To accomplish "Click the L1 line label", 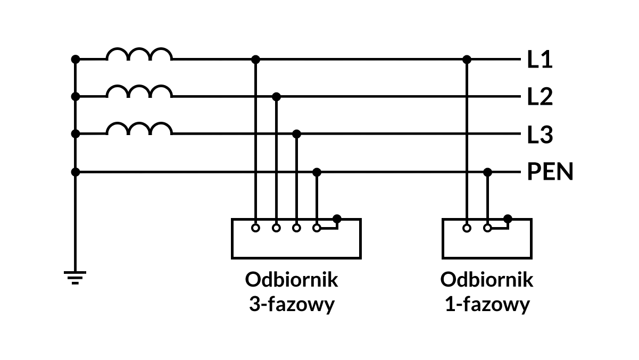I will [x=540, y=60].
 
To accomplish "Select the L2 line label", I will [x=540, y=97].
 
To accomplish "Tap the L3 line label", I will [x=540, y=135].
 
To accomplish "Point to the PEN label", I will [x=550, y=172].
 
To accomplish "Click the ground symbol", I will [x=75, y=277].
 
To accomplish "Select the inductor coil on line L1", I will [x=139, y=54].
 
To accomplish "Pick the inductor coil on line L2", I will [x=139, y=91].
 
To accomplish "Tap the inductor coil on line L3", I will [x=139, y=129].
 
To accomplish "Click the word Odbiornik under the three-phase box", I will [x=292, y=280].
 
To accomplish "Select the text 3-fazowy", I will [x=292, y=305].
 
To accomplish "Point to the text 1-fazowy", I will [x=487, y=305].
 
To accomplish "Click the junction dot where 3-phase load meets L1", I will [x=255, y=59].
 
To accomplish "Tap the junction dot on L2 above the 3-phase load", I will [x=276, y=97].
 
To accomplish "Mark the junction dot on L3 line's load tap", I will [x=297, y=134].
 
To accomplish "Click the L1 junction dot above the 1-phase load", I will [x=467, y=59].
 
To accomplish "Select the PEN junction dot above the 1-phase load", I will [x=487, y=172].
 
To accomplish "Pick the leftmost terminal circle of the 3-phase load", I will [x=255, y=228].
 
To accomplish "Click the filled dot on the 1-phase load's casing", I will [x=508, y=219].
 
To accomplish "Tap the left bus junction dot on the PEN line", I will [x=76, y=172].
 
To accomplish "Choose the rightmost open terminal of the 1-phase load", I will [x=487, y=228].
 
